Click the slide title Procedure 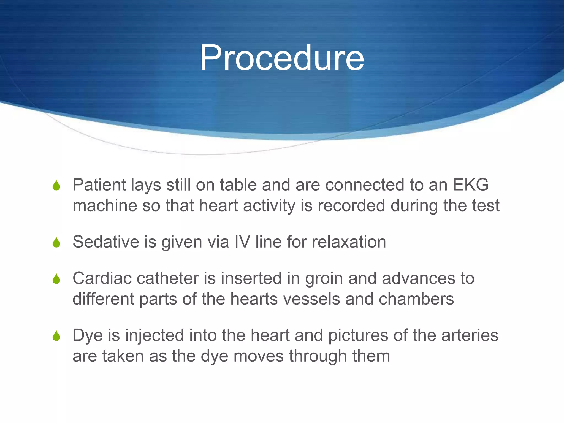(281, 58)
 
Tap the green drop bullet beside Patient (56, 186)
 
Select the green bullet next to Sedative (56, 243)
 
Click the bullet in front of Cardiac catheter (56, 279)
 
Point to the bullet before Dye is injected (56, 336)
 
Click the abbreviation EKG (471, 185)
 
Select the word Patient (99, 185)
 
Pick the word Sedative (106, 242)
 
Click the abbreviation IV (242, 242)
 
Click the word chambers (416, 299)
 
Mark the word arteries (470, 335)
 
